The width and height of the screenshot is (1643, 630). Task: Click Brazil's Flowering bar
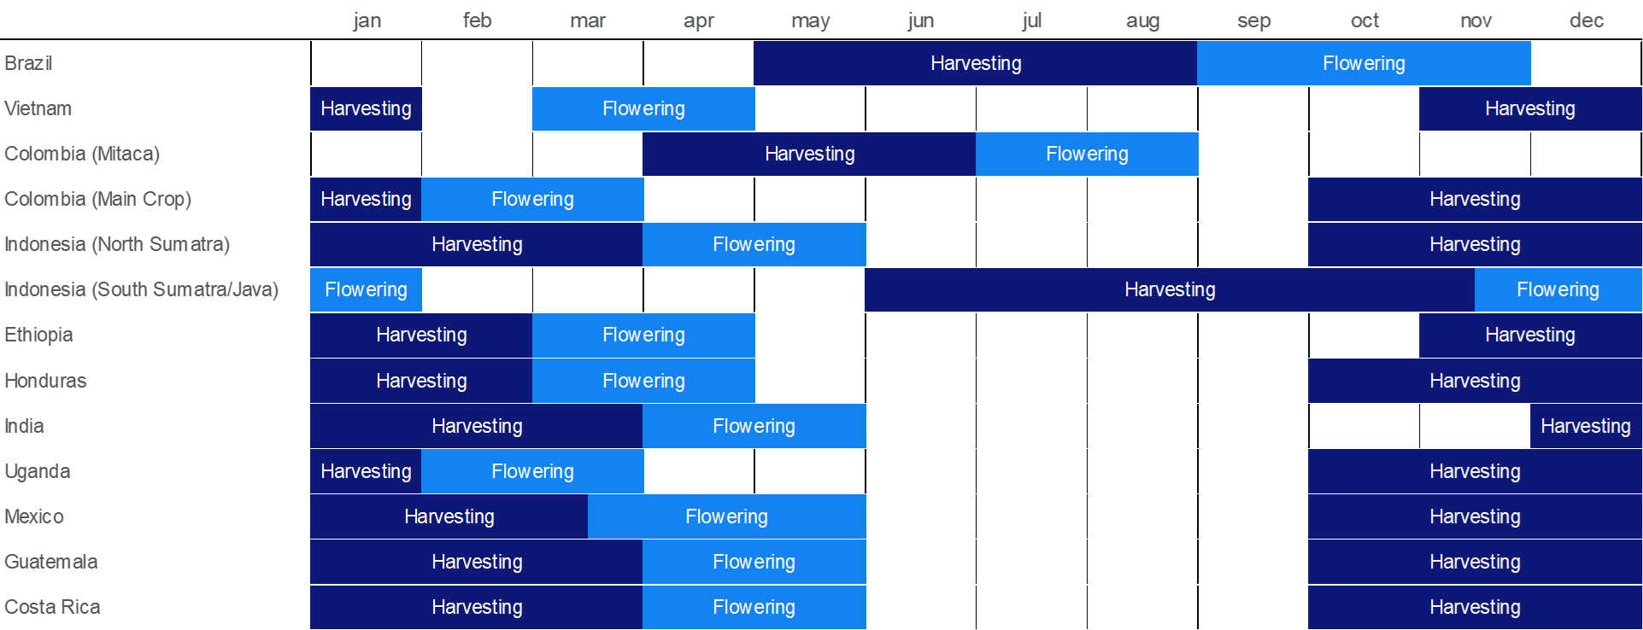[x=1364, y=63]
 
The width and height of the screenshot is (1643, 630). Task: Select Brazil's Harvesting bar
[x=976, y=63]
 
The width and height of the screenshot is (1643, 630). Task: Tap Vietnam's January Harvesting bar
[x=366, y=108]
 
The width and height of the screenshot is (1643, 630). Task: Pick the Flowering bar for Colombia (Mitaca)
[x=1087, y=154]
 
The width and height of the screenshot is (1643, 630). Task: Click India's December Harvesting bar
[x=1586, y=426]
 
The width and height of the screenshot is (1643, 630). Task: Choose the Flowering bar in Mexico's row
[x=726, y=516]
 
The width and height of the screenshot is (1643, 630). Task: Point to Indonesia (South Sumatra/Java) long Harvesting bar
[x=1170, y=289]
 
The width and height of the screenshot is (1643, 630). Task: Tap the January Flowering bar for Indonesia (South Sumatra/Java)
[x=366, y=289]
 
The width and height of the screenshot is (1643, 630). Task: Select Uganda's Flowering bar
[x=532, y=471]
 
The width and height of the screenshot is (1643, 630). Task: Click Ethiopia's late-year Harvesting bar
[x=1530, y=335]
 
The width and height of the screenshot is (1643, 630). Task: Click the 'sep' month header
[x=1254, y=20]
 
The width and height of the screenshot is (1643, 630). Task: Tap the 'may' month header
[x=810, y=20]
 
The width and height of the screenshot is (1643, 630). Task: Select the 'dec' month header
[x=1587, y=20]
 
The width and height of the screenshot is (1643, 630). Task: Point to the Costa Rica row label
[x=52, y=607]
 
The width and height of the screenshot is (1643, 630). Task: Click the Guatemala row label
[x=51, y=562]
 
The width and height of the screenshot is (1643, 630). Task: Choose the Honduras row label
[x=45, y=381]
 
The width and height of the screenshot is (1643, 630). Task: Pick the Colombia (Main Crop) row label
[x=98, y=199]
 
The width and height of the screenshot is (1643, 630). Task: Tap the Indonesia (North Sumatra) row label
[x=117, y=244]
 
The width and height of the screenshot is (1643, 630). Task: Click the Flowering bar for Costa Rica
[x=754, y=607]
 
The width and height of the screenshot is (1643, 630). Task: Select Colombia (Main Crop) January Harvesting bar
[x=366, y=199]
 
